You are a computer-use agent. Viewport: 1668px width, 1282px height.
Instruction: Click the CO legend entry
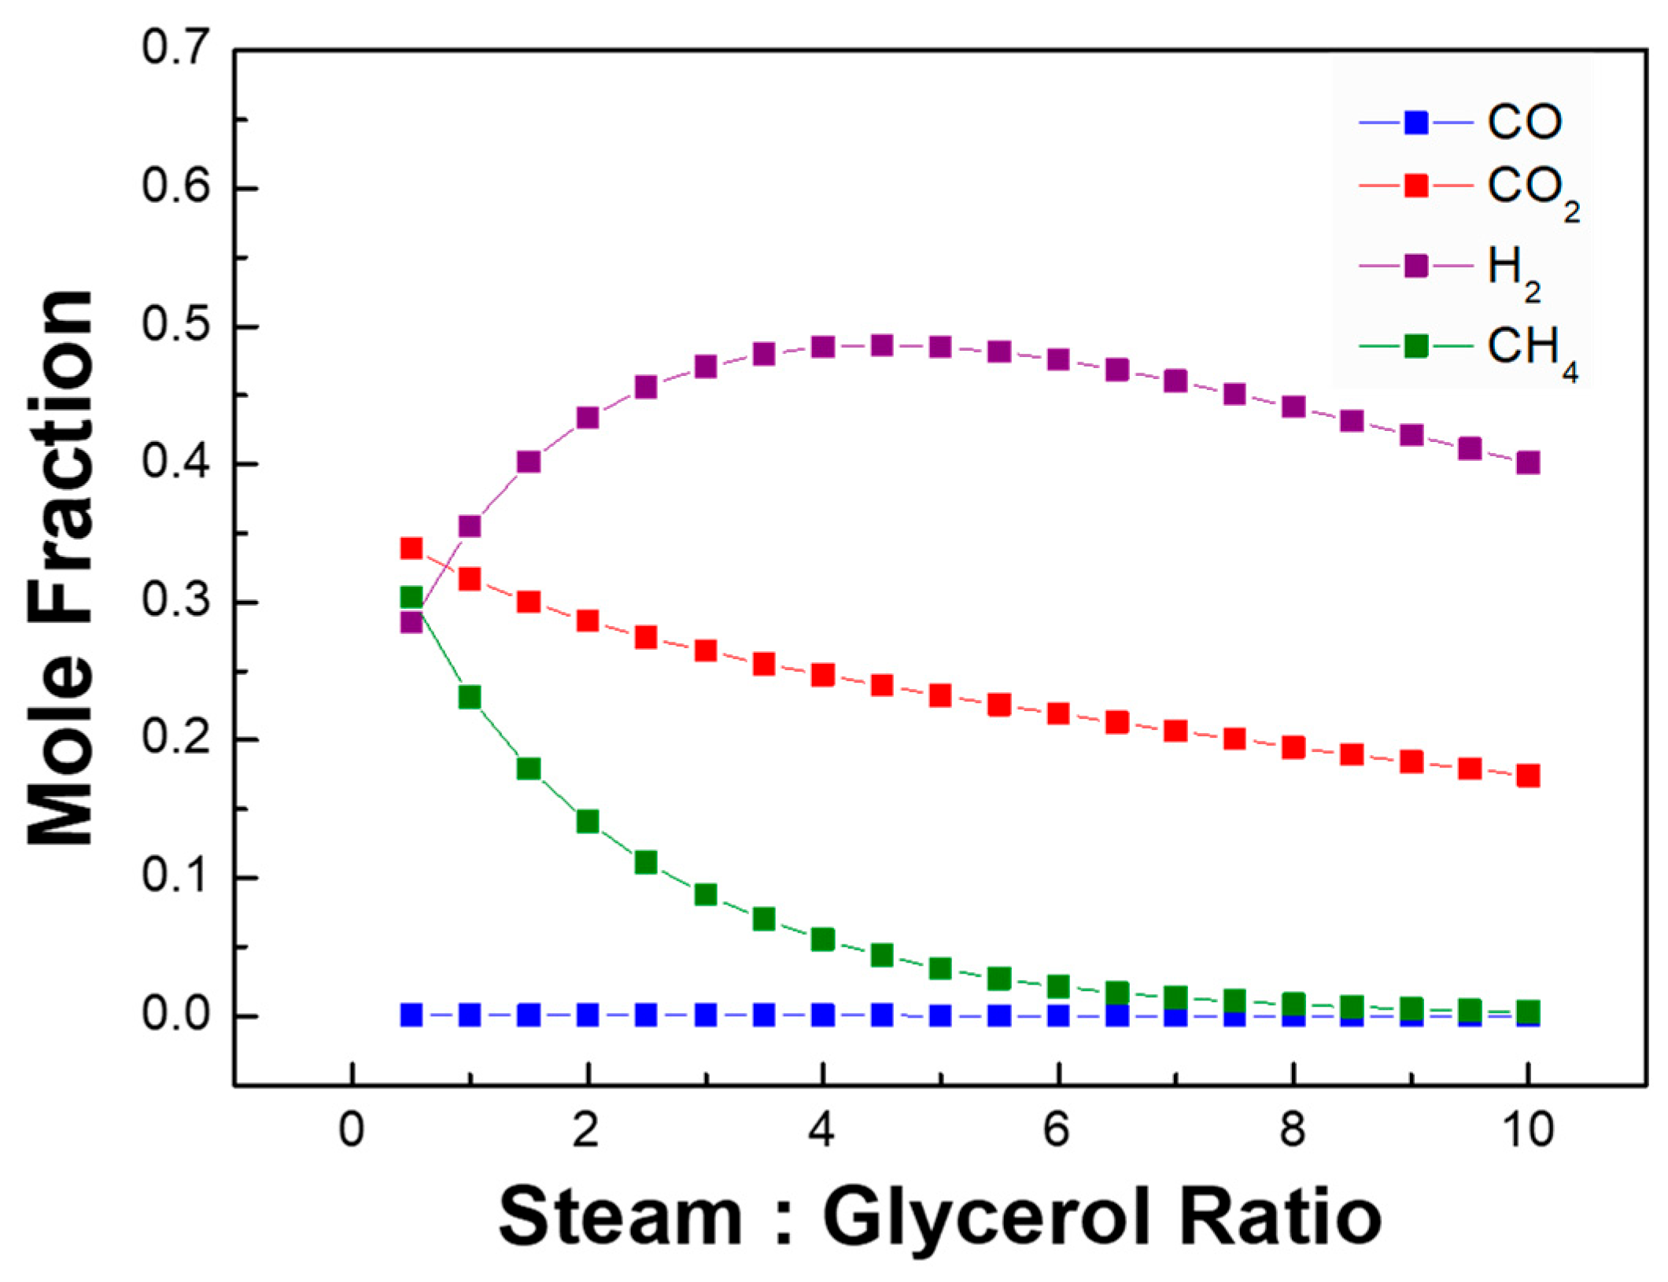pos(1459,123)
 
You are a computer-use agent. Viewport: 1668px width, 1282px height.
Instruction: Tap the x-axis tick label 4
pos(822,1131)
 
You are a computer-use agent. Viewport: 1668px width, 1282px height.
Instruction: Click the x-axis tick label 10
pos(1526,1131)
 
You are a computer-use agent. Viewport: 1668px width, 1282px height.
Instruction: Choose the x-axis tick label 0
pos(352,1131)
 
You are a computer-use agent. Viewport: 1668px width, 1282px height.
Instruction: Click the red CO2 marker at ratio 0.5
pos(411,548)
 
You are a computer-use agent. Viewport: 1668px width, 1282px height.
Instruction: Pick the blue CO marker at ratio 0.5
pos(411,1015)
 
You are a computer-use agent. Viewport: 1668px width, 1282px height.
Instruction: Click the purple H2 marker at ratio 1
pos(470,525)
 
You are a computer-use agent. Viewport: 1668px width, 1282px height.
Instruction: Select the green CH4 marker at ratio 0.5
pos(411,597)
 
